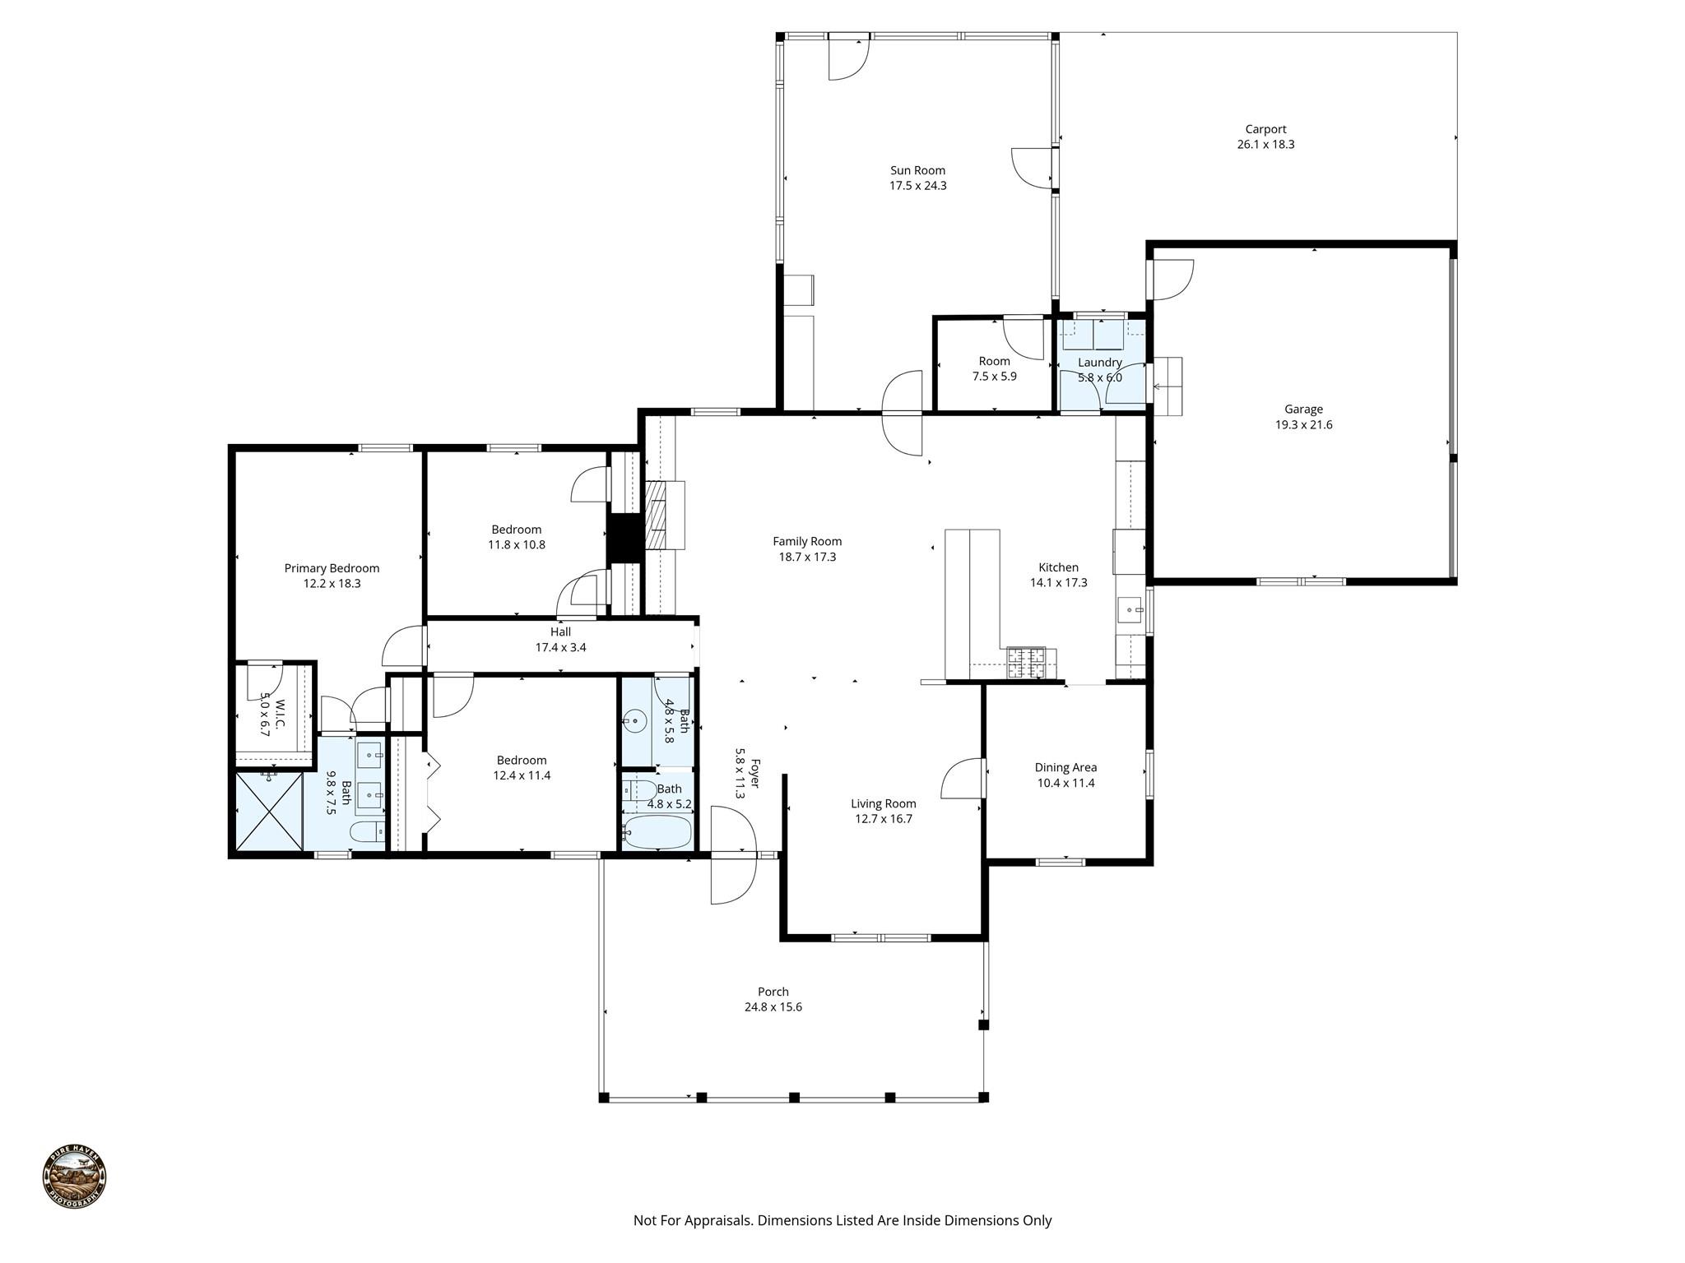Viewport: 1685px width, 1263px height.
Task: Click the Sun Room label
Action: tap(917, 171)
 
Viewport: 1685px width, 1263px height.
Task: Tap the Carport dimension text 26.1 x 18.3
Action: tap(1265, 145)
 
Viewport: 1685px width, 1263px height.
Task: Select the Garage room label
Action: tap(1303, 409)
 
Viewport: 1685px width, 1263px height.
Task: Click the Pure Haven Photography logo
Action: tap(75, 1177)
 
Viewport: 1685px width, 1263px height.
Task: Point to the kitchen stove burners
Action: tap(1026, 663)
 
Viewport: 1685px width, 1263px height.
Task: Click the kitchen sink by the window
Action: tap(1131, 611)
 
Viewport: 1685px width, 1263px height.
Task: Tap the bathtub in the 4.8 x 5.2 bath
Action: tap(657, 832)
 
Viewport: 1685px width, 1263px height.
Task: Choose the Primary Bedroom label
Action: tap(332, 568)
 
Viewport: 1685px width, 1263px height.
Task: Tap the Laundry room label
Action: tap(1099, 363)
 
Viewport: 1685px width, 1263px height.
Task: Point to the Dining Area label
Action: tap(1065, 768)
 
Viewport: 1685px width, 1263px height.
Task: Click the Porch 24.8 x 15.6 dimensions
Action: tap(773, 1007)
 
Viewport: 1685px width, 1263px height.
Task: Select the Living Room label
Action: tap(883, 804)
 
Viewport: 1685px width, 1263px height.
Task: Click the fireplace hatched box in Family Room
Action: tap(657, 515)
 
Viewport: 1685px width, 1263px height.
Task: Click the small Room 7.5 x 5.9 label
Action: tap(994, 362)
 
